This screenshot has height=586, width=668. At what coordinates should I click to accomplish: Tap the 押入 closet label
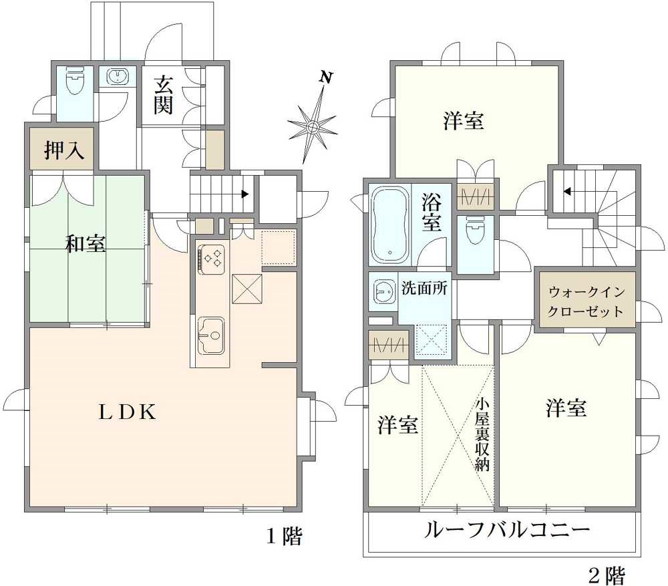click(64, 151)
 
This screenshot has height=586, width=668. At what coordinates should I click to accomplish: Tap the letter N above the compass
click(325, 77)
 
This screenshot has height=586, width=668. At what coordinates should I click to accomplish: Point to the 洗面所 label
click(424, 288)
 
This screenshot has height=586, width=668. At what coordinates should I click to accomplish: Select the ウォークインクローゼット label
click(586, 301)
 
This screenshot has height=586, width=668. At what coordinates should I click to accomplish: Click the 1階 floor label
click(285, 536)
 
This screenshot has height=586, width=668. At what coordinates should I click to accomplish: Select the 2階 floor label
click(607, 573)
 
